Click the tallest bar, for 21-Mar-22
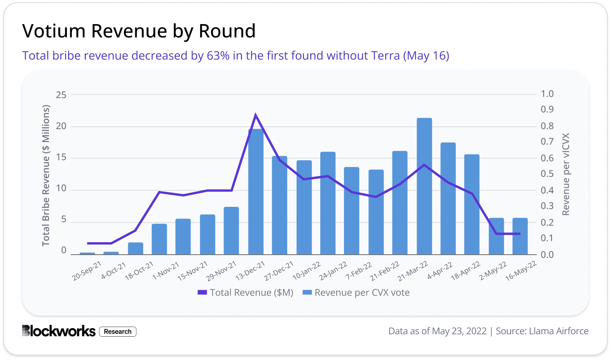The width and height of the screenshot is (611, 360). click(424, 187)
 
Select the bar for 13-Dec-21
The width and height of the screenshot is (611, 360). click(256, 192)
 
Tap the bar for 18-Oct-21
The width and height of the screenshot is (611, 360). click(136, 249)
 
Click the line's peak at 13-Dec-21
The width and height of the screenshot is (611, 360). click(255, 114)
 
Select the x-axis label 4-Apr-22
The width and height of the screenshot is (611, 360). click(440, 271)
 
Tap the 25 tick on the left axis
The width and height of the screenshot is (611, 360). click(61, 95)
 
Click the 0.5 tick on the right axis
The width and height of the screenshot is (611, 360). click(547, 174)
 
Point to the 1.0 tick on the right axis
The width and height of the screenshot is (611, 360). click(547, 94)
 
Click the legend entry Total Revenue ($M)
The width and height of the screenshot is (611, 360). click(246, 293)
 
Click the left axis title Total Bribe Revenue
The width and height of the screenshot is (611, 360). click(46, 175)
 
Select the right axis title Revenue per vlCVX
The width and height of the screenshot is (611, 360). click(566, 174)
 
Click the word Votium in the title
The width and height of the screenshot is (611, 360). click(54, 31)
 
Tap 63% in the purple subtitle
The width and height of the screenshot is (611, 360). click(218, 56)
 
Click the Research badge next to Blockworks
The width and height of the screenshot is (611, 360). click(118, 332)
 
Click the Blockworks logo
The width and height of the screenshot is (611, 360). click(59, 331)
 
